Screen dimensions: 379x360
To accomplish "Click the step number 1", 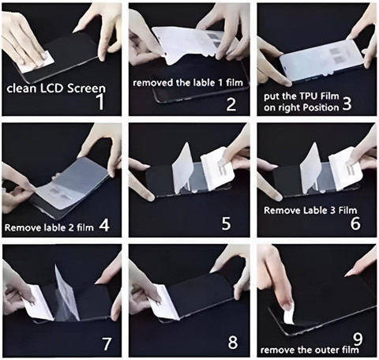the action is pos(101,102).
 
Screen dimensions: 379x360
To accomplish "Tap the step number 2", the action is pos(231,104).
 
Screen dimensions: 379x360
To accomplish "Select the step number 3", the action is pos(347,103).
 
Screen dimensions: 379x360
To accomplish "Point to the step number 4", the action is pos(104,225).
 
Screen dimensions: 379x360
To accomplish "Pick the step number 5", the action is pos(226,223).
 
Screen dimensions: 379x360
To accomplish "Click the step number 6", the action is pos(355,223).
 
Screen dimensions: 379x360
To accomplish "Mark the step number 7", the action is pos(107,343).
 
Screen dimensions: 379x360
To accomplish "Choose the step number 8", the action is pos(233,342).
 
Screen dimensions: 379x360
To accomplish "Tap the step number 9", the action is pos(358,339).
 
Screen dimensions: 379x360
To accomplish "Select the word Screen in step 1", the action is pos(86,88).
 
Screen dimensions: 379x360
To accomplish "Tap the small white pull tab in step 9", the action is pos(290,317).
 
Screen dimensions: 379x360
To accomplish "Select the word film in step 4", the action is pos(85,227).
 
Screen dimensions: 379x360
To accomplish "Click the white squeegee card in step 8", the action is pos(166,302).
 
